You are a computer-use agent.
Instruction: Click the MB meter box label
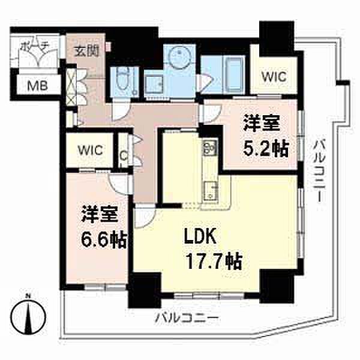pos(37,86)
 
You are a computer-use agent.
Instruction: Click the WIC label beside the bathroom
pos(274,76)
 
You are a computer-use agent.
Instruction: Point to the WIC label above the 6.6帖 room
pos(90,150)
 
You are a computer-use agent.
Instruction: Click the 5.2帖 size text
pos(266,148)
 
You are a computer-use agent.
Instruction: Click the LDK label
pos(200,237)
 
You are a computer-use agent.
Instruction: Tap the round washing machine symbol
pos(179,56)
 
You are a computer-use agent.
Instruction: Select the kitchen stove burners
pos(209,147)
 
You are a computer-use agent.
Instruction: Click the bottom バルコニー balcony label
pos(187,319)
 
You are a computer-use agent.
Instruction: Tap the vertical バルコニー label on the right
pos(319,171)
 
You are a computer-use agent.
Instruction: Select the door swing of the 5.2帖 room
pos(211,113)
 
